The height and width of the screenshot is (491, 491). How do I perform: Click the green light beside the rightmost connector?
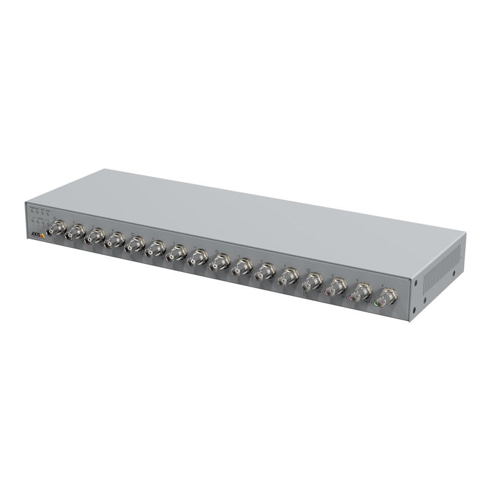coord(375,303)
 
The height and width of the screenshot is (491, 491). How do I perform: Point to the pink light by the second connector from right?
coord(352,298)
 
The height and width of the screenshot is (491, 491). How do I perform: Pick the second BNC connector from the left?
coord(76,233)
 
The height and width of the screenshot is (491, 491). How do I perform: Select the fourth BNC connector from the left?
coord(115,241)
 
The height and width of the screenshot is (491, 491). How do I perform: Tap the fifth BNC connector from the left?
coord(135,244)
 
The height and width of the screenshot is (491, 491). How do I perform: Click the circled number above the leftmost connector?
coord(56,217)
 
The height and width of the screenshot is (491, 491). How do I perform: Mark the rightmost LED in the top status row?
coord(48,215)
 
